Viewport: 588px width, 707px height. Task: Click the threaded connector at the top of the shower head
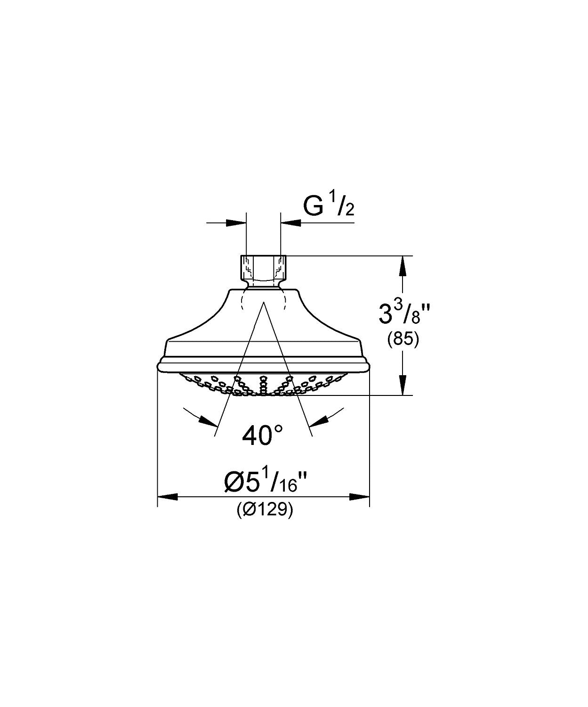pyautogui.click(x=263, y=267)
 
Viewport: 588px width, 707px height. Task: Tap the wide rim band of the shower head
pyautogui.click(x=263, y=365)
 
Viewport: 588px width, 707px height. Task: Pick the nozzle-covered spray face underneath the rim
pyautogui.click(x=263, y=384)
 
